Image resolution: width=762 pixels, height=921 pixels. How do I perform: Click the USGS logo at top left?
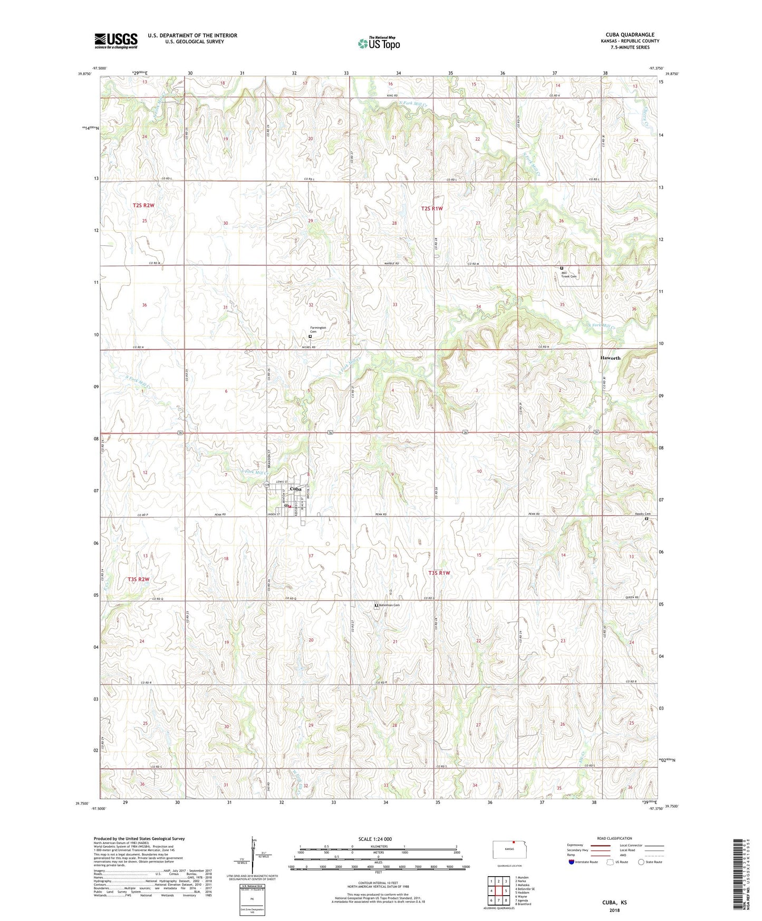pyautogui.click(x=116, y=41)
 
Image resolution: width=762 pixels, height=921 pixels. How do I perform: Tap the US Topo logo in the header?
pyautogui.click(x=379, y=43)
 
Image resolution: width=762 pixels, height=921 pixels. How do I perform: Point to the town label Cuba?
pyautogui.click(x=295, y=489)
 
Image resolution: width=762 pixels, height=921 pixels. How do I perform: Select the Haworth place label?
pyautogui.click(x=610, y=358)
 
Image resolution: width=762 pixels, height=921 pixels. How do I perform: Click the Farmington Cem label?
pyautogui.click(x=318, y=330)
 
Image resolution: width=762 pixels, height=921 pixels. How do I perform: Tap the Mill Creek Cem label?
pyautogui.click(x=569, y=274)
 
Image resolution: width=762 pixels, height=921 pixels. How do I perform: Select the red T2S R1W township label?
pyautogui.click(x=431, y=208)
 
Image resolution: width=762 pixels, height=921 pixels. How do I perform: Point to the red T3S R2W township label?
pyautogui.click(x=138, y=579)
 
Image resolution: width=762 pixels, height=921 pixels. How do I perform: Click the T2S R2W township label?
pyautogui.click(x=143, y=205)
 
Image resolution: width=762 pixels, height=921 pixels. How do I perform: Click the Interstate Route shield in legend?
pyautogui.click(x=572, y=862)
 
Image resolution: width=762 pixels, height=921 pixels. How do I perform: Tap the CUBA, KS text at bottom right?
pyautogui.click(x=614, y=903)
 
